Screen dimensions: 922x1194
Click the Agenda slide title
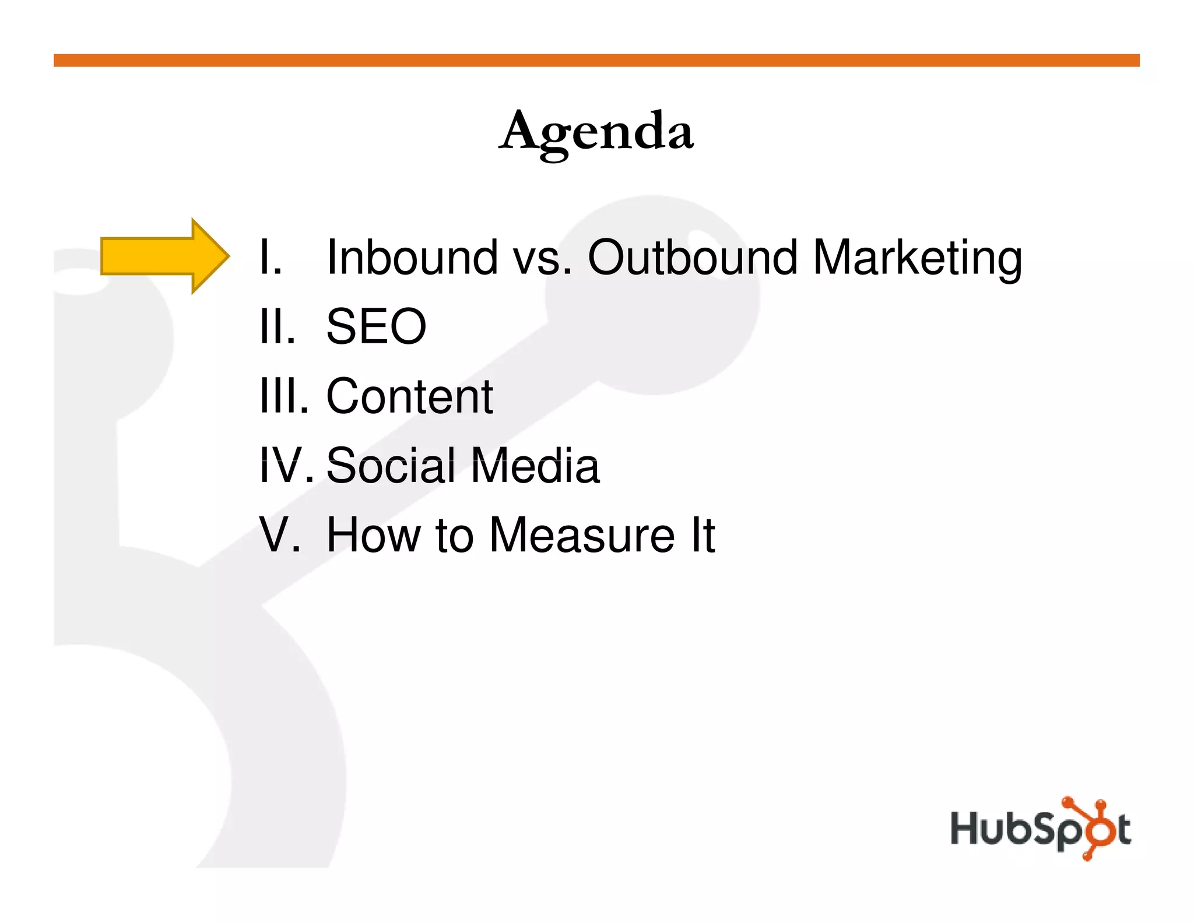point(596,132)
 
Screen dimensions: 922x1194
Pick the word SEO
point(376,326)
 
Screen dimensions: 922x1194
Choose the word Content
point(409,396)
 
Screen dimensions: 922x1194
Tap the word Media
point(535,466)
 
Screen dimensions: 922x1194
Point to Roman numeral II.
point(277,326)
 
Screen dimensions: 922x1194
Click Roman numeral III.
point(283,396)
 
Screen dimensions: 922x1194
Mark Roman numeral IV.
point(286,466)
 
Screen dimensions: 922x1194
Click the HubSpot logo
point(1040,828)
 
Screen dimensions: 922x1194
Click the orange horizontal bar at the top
point(596,61)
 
